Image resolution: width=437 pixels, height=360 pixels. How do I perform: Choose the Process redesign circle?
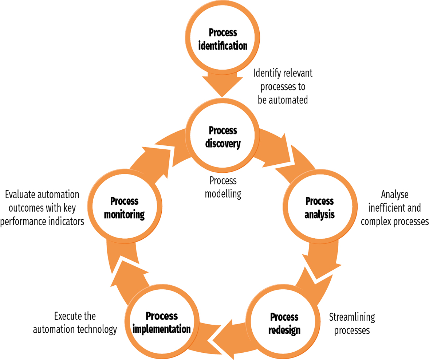coord(284,323)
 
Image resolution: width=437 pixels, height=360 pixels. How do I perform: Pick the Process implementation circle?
coord(162,322)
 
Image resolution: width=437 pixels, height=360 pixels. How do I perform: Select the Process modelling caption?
coord(223,187)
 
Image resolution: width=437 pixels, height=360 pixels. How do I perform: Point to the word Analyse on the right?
coord(394,195)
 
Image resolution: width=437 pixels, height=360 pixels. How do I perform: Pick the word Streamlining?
coord(352,317)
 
